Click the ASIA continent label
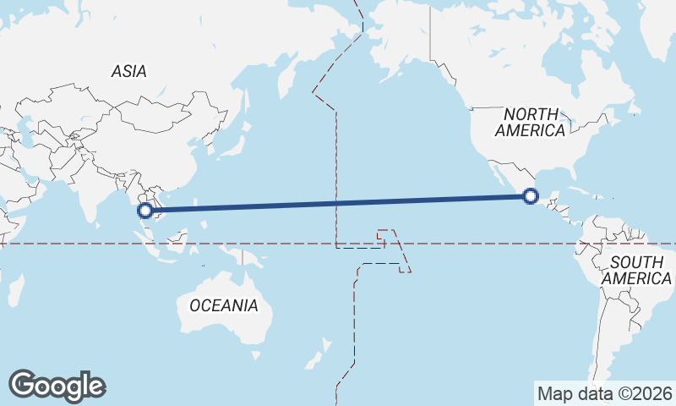pos(128,72)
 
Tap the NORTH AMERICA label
pos(530,123)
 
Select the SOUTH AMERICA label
pos(641,270)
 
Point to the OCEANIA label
pos(224,305)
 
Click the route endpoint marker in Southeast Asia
pos(145,211)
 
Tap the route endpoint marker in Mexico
pos(531,196)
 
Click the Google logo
pos(57,386)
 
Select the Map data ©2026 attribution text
pos(605,393)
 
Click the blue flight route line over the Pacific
pos(338,204)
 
